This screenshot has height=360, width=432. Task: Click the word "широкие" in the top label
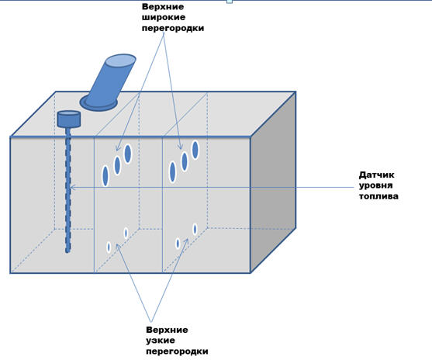coord(164,17)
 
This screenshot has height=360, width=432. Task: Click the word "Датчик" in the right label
coord(376,175)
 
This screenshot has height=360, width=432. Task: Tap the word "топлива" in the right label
coord(378,196)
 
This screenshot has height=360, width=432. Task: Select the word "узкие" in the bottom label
coord(161,341)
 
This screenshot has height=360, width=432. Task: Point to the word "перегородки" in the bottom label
coord(177,351)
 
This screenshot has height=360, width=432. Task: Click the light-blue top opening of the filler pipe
coord(121,61)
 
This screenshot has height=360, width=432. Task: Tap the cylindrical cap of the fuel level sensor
coord(68,119)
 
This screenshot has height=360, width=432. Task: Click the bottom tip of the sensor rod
coord(67,251)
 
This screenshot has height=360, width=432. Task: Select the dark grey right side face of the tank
coord(273,182)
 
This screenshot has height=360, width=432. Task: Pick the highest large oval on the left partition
coord(127,154)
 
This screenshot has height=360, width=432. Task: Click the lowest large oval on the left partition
coord(105,176)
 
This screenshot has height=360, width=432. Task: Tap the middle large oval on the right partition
coord(185,161)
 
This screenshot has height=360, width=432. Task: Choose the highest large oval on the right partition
coord(195,150)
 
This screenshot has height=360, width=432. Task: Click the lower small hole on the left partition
coord(109,247)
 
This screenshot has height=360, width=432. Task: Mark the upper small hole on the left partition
coord(126,233)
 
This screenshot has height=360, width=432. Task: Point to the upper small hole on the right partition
coord(195,229)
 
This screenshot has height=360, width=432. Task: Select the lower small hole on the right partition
coord(178,244)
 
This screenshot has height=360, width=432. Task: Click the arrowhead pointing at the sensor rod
coord(73,188)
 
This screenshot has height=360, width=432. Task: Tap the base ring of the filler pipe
coord(98,103)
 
